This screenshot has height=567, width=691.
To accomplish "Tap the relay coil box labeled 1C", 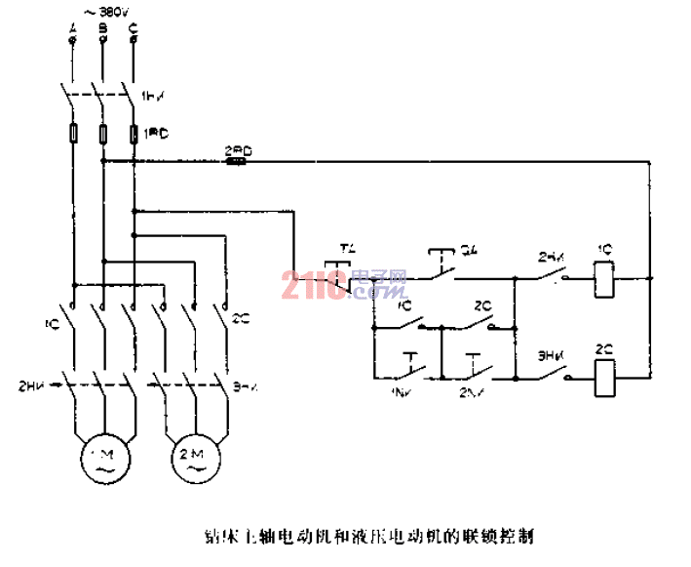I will [604, 278].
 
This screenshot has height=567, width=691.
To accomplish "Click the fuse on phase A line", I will [73, 133].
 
